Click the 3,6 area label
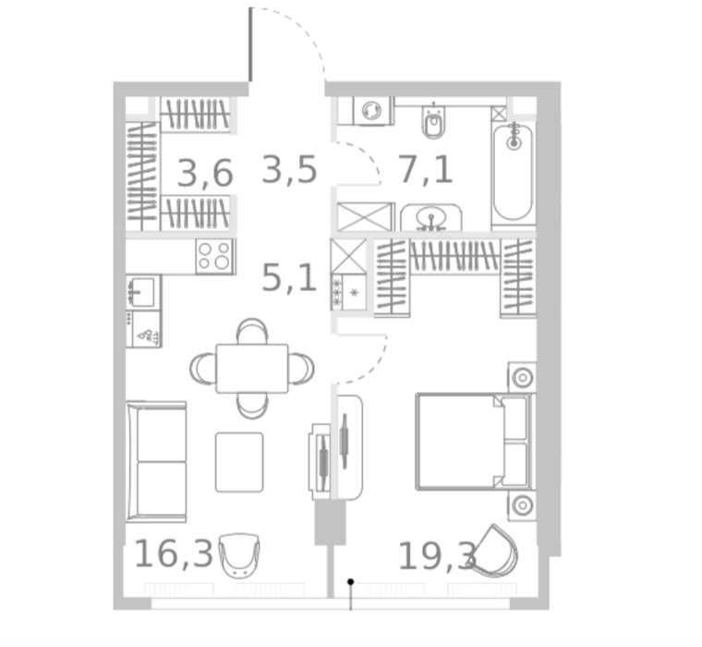pyautogui.click(x=205, y=173)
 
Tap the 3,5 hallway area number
pyautogui.click(x=289, y=169)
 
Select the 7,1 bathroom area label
pyautogui.click(x=425, y=169)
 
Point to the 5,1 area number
pyautogui.click(x=289, y=278)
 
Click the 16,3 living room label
pyautogui.click(x=174, y=554)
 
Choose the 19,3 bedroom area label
pyautogui.click(x=438, y=556)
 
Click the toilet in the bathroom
pyautogui.click(x=433, y=121)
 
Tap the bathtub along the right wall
pyautogui.click(x=514, y=173)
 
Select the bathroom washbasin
pyautogui.click(x=431, y=218)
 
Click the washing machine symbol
pyautogui.click(x=372, y=110)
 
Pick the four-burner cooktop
pyautogui.click(x=214, y=256)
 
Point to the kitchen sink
pyautogui.click(x=142, y=292)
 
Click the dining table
pyautogui.click(x=252, y=368)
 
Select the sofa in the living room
pyautogui.click(x=156, y=461)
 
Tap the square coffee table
pyautogui.click(x=239, y=462)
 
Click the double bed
pyautogui.click(x=475, y=442)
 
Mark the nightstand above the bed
pyautogui.click(x=522, y=378)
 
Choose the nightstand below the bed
pyautogui.click(x=522, y=506)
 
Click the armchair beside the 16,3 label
pyautogui.click(x=239, y=555)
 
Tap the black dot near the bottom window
pyautogui.click(x=351, y=581)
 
